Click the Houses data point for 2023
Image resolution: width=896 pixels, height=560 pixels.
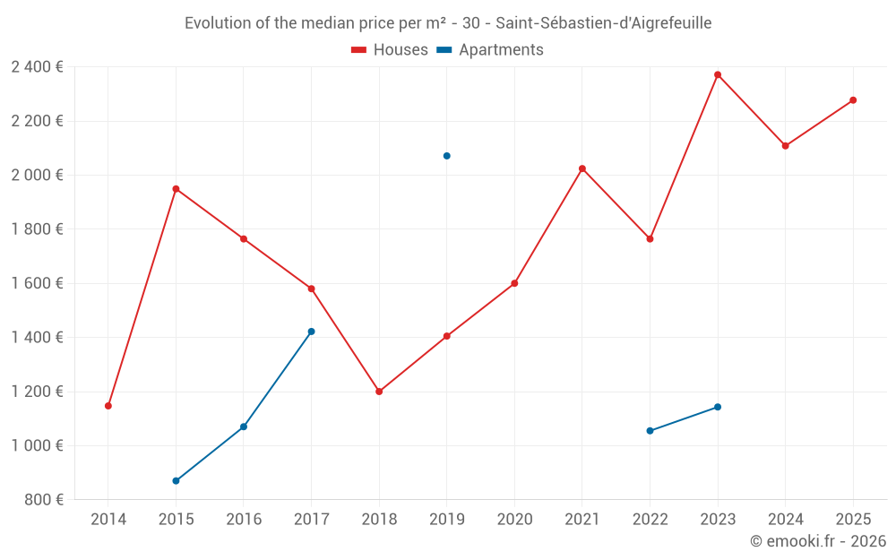(718, 74)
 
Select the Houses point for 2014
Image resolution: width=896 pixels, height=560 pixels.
(108, 406)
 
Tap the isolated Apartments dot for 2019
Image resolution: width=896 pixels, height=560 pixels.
(446, 156)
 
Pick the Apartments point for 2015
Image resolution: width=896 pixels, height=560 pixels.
(176, 481)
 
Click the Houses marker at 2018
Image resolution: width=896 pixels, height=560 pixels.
(379, 392)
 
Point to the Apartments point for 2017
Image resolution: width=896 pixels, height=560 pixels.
(311, 332)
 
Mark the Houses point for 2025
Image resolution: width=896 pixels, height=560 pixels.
(853, 100)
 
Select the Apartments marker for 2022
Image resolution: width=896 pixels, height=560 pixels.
(650, 431)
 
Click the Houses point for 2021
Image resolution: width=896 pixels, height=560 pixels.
(582, 168)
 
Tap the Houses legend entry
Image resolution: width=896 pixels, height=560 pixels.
(390, 50)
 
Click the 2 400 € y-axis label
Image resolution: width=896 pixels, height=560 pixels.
(37, 66)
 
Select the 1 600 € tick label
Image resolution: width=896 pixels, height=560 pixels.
(37, 283)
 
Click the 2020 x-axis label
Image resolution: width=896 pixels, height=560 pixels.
(514, 519)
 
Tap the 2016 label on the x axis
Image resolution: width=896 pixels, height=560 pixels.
(244, 519)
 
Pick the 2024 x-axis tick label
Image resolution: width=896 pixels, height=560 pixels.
(785, 519)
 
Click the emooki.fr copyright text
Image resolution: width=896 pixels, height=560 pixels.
(817, 541)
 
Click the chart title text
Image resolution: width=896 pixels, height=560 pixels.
(448, 23)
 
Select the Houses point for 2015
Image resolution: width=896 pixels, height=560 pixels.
(176, 189)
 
